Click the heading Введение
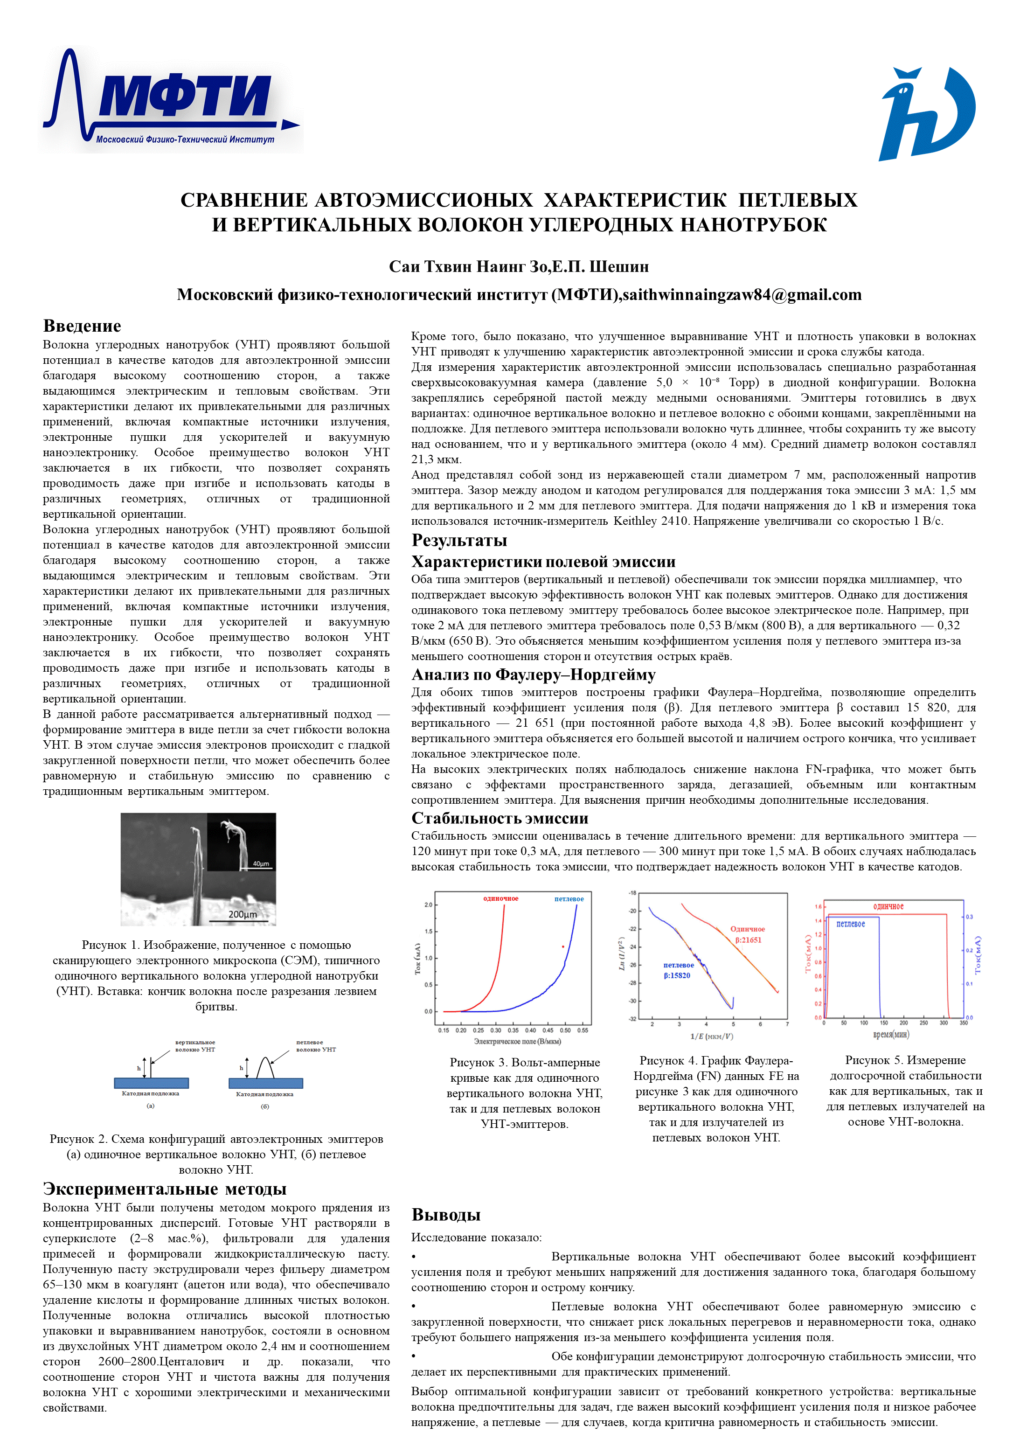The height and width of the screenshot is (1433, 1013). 82,326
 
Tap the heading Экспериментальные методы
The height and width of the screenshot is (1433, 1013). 164,1189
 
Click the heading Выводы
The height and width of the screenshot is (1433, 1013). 446,1215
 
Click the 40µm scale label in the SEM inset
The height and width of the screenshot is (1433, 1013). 261,864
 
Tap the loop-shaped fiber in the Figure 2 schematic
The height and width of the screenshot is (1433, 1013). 265,1067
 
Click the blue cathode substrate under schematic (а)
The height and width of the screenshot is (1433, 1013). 151,1083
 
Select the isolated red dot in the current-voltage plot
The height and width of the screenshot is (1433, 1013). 563,947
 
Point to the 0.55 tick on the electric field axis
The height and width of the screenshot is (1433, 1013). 583,1030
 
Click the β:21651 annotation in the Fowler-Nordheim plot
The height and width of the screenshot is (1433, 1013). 748,940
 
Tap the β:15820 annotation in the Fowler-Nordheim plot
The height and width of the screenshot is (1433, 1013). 677,975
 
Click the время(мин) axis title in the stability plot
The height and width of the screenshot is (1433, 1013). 891,1034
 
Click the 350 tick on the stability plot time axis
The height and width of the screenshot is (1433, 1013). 963,1023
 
